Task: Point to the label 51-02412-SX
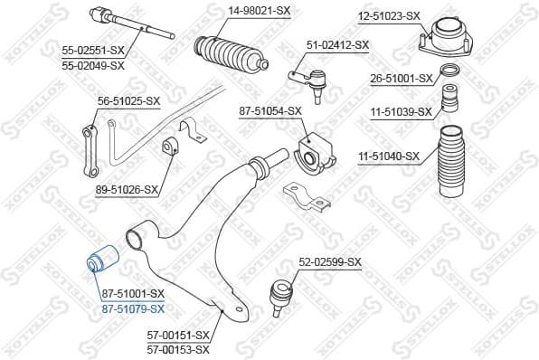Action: [x=338, y=44]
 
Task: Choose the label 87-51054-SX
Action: [x=269, y=110]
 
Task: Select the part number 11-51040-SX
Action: [x=389, y=156]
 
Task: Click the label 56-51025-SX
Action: [x=129, y=101]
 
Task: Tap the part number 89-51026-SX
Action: [x=127, y=191]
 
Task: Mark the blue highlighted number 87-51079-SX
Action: [x=133, y=308]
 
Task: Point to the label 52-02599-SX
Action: [x=330, y=262]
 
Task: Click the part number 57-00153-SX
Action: [x=178, y=348]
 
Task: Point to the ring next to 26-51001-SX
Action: [x=448, y=71]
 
